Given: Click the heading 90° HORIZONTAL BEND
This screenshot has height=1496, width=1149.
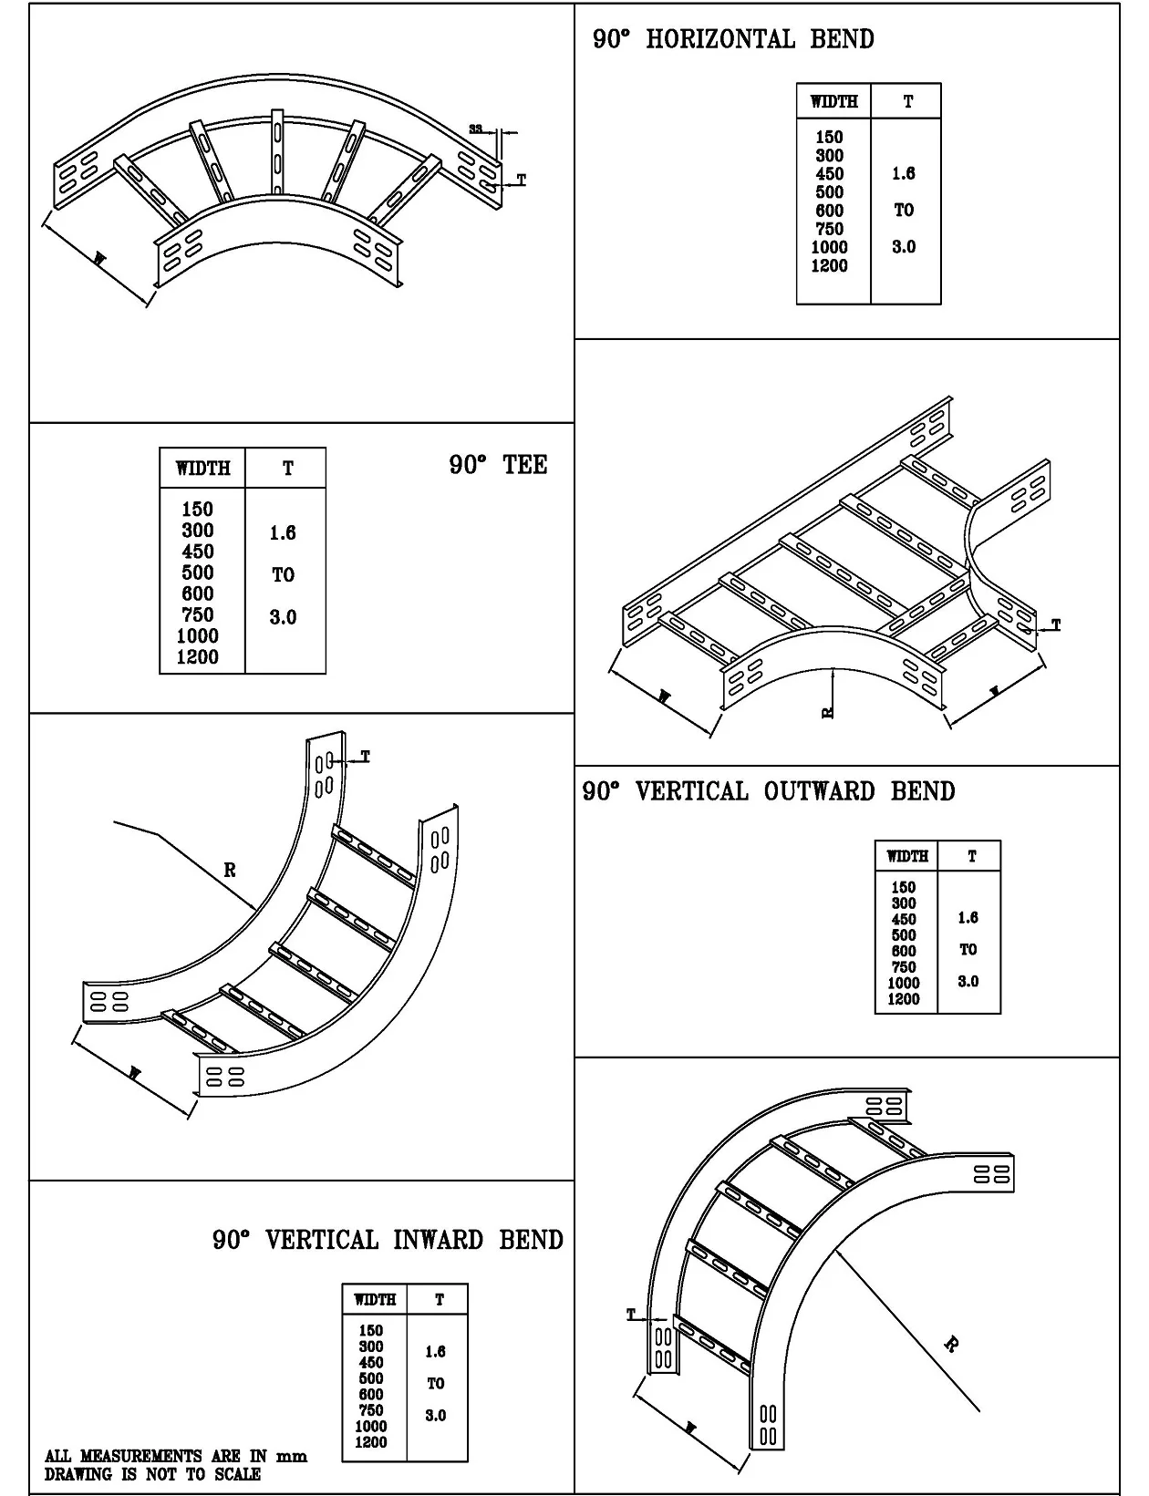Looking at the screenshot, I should coord(733,39).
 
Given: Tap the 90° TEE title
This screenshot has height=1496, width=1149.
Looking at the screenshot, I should coord(498,465).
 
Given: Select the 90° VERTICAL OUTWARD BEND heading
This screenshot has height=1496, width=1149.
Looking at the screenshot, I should coord(769,791).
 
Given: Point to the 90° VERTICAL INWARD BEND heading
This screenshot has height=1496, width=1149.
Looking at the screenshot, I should coord(388,1240).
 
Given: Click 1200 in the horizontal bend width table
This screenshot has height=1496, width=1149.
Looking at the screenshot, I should coord(829,266).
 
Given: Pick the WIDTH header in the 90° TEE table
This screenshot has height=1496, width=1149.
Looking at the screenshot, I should coord(202,469).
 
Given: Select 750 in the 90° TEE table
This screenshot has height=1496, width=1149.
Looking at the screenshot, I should coord(197,615).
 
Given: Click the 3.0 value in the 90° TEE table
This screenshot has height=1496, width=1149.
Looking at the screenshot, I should coord(283,618).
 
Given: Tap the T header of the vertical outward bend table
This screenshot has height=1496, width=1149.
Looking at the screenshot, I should coord(971,856).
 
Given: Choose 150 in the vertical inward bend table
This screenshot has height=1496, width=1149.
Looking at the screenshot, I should coord(370,1330).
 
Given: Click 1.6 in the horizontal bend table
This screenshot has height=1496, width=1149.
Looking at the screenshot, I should coord(903,174).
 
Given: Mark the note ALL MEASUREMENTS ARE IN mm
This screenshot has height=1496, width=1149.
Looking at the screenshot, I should coord(176,1457).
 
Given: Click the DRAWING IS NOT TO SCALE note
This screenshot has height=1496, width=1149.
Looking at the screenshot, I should coord(152,1474).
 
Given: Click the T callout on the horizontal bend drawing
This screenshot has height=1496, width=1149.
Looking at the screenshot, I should coord(522,181).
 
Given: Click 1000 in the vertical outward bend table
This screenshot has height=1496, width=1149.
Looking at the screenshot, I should coord(903,983).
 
